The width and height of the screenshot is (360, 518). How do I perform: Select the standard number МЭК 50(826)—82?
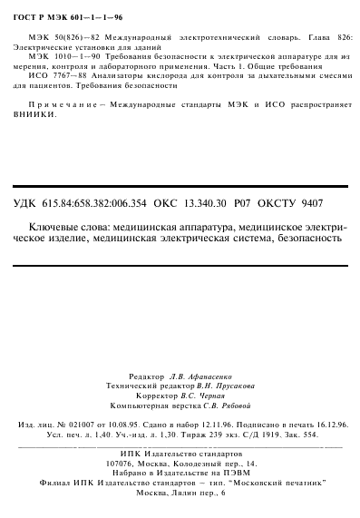[54, 32]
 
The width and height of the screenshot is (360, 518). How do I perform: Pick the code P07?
[245, 203]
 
